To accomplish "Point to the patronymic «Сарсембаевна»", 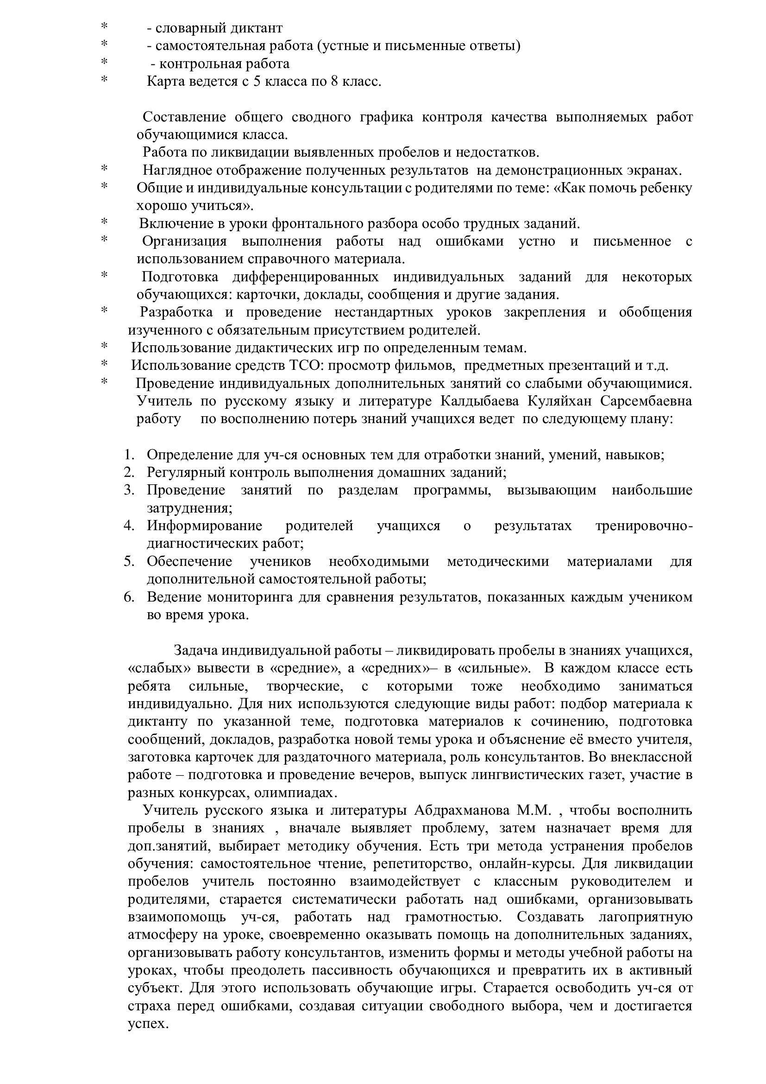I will [x=646, y=401].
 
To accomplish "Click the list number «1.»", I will [x=129, y=455].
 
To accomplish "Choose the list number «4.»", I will [x=129, y=526].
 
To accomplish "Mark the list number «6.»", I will [x=129, y=597].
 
